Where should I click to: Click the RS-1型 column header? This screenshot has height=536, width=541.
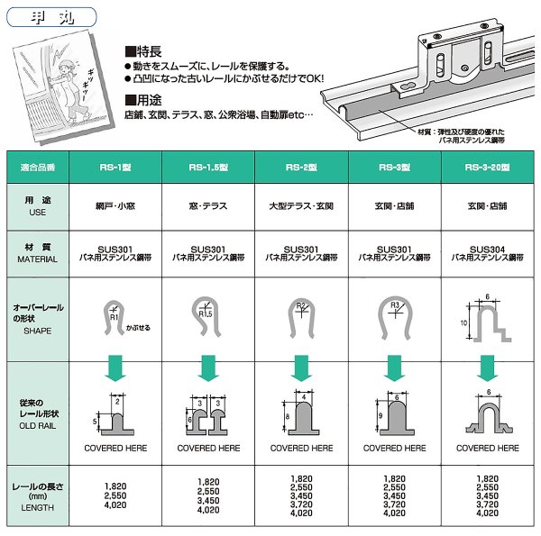click(x=114, y=167)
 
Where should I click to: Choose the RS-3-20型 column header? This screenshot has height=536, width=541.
click(x=487, y=167)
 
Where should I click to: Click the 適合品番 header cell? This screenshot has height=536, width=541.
click(x=37, y=167)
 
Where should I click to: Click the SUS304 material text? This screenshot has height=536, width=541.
click(x=487, y=248)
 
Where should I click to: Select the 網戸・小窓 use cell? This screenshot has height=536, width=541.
click(x=114, y=205)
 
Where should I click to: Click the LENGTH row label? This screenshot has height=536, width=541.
click(x=37, y=507)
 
